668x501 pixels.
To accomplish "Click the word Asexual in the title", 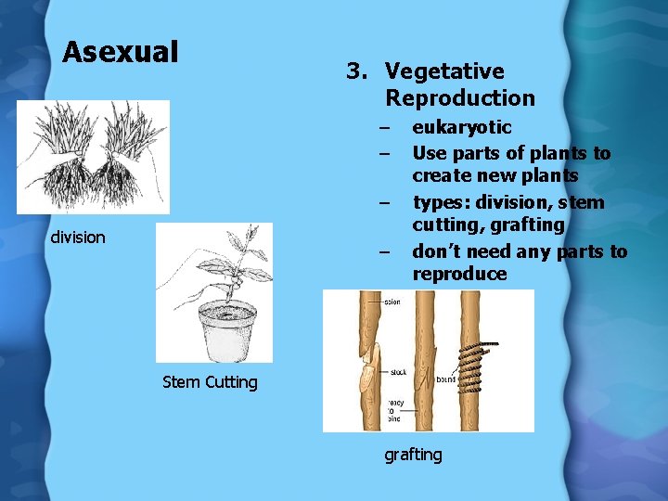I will (120, 52).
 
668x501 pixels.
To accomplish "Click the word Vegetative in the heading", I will (444, 71).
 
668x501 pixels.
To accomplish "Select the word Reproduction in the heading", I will (460, 98).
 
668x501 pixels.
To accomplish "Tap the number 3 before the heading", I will (353, 71).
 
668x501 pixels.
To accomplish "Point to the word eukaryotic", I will (462, 128).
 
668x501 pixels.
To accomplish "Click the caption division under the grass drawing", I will (78, 238).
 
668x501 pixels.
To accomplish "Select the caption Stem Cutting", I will (210, 382).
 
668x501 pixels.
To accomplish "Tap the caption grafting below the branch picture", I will (414, 455).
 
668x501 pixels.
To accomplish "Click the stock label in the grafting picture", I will (399, 373).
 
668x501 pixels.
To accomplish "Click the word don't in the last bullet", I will (438, 251).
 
